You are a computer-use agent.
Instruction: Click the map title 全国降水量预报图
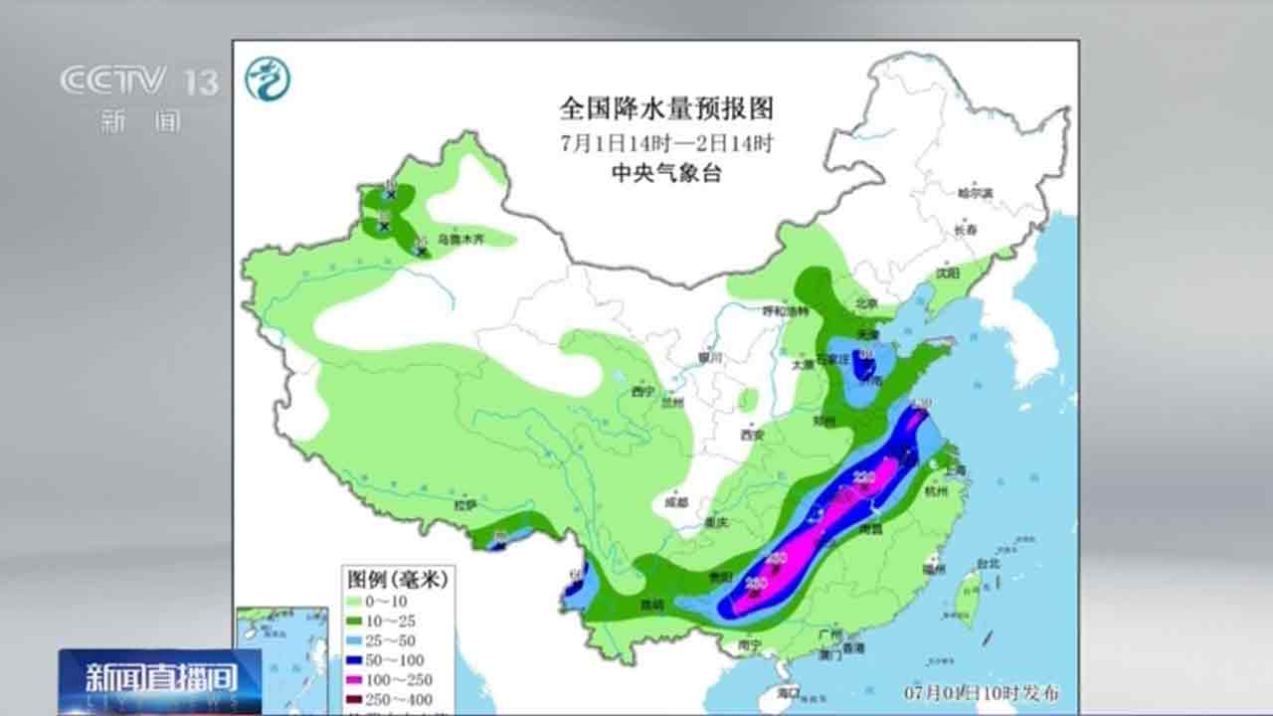pos(665,106)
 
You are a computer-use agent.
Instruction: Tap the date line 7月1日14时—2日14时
pos(665,142)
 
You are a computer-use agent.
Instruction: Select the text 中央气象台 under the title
pos(665,173)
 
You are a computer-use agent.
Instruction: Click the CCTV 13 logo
pos(139,82)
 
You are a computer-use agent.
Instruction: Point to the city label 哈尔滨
pos(975,193)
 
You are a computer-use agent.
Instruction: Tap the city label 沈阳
pos(947,272)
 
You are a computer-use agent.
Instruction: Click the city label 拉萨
pos(465,505)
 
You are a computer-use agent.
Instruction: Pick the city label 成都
pos(675,502)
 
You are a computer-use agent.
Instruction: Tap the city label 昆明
pos(650,605)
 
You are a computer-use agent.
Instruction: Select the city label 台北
pos(988,563)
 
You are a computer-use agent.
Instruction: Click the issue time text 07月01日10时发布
pos(967,690)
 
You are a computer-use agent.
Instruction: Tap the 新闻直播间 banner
pos(160,680)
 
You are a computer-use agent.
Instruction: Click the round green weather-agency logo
pos(268,79)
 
